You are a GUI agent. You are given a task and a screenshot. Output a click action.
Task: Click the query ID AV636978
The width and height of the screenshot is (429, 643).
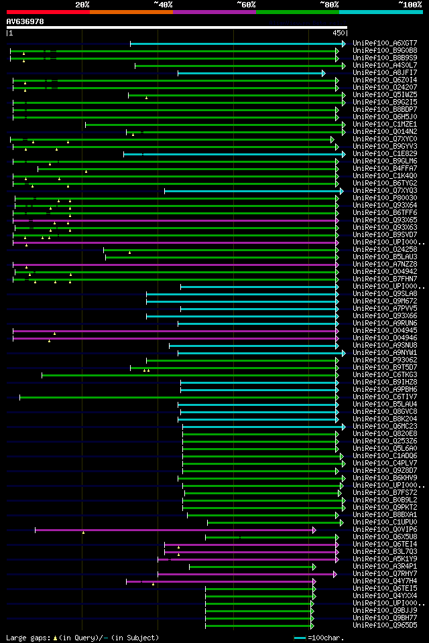(25, 21)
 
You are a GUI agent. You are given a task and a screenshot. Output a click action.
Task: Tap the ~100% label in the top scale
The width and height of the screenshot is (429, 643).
(409, 4)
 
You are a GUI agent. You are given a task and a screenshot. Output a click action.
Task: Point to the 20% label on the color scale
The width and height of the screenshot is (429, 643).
(82, 4)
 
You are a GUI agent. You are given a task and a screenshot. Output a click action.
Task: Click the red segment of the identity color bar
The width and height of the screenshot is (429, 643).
(48, 11)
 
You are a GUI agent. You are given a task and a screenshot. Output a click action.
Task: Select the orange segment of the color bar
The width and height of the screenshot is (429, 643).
(131, 11)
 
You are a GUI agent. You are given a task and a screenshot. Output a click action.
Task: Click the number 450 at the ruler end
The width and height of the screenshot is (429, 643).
(338, 33)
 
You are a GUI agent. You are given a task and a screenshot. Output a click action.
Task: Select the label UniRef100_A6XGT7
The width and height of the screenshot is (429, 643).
(385, 44)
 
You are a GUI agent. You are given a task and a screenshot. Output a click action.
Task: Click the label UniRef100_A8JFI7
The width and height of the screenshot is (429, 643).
(385, 73)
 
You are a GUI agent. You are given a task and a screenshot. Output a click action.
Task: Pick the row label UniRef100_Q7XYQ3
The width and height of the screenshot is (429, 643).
(385, 191)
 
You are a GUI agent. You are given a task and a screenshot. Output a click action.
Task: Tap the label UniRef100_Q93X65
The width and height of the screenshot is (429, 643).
(385, 220)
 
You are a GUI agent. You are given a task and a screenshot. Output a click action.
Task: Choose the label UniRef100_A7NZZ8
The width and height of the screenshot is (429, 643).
(385, 265)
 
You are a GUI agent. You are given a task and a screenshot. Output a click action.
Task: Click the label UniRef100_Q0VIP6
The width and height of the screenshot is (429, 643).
(385, 530)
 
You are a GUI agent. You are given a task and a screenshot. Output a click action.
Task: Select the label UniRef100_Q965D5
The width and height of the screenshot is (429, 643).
(385, 626)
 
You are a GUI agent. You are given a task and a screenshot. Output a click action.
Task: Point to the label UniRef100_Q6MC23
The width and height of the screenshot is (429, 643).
(385, 427)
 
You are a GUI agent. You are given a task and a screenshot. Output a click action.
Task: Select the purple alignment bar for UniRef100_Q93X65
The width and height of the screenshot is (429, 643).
(174, 220)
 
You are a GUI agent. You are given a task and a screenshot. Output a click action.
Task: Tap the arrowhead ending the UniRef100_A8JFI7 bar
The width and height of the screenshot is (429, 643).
(323, 73)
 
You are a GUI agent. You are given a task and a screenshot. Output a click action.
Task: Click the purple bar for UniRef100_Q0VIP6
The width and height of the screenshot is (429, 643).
(174, 530)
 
